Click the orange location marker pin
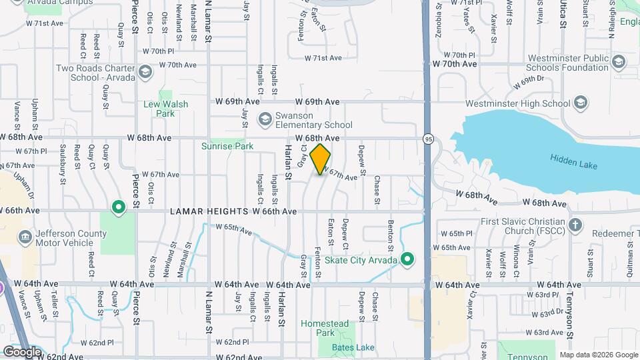[321, 159]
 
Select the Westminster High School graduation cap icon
[581, 103]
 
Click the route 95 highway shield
[427, 138]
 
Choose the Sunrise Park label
[219, 145]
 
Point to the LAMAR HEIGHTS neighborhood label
[209, 211]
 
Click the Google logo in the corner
[22, 351]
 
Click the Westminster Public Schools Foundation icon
[619, 63]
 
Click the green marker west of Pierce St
[119, 208]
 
